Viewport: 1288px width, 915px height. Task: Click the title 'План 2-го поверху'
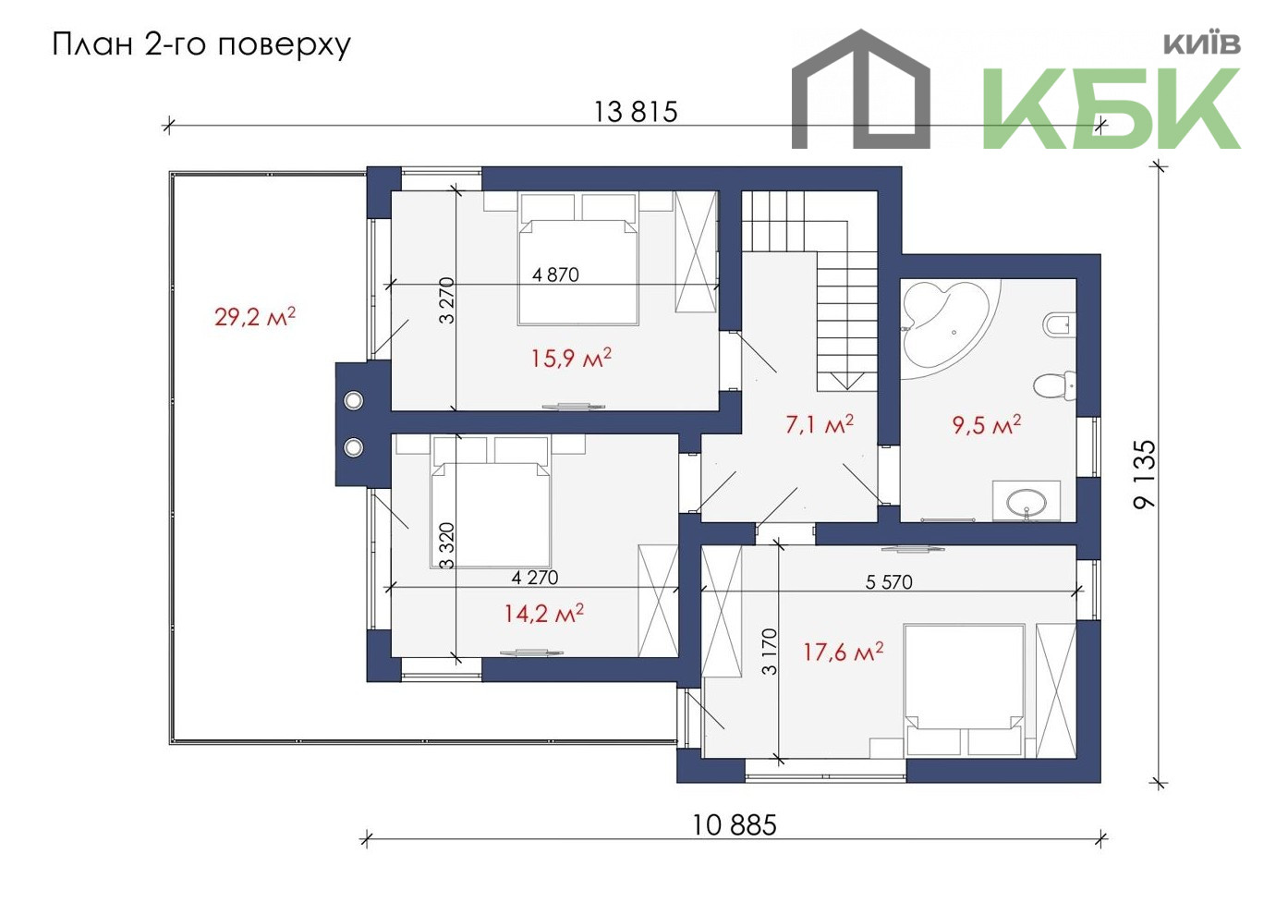coord(201,45)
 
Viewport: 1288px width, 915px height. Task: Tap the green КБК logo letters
coord(1111,108)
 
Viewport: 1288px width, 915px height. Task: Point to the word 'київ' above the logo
coord(1202,43)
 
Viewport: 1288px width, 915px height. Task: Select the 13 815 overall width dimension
coord(636,112)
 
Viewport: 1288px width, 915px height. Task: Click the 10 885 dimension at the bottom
coord(735,825)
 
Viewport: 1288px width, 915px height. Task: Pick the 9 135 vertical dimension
coord(1144,474)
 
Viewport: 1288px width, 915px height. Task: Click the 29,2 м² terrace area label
coord(255,317)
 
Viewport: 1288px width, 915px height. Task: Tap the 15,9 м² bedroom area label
coord(570,359)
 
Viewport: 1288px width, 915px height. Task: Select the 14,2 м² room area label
coord(544,614)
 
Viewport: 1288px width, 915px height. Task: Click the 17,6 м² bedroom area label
coord(843,653)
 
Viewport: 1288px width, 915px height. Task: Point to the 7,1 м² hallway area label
coord(820,425)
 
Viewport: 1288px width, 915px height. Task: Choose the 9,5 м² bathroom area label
coord(987,425)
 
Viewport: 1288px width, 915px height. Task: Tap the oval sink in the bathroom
coord(1027,503)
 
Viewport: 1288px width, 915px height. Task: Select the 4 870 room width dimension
coord(555,274)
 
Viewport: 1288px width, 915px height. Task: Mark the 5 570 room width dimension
coord(889,582)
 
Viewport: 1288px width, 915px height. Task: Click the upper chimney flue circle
coord(353,400)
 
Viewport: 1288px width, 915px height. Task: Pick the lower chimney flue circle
coord(353,446)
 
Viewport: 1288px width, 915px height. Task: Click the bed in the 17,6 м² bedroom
coord(964,690)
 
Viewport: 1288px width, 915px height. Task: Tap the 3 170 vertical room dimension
coord(770,652)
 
